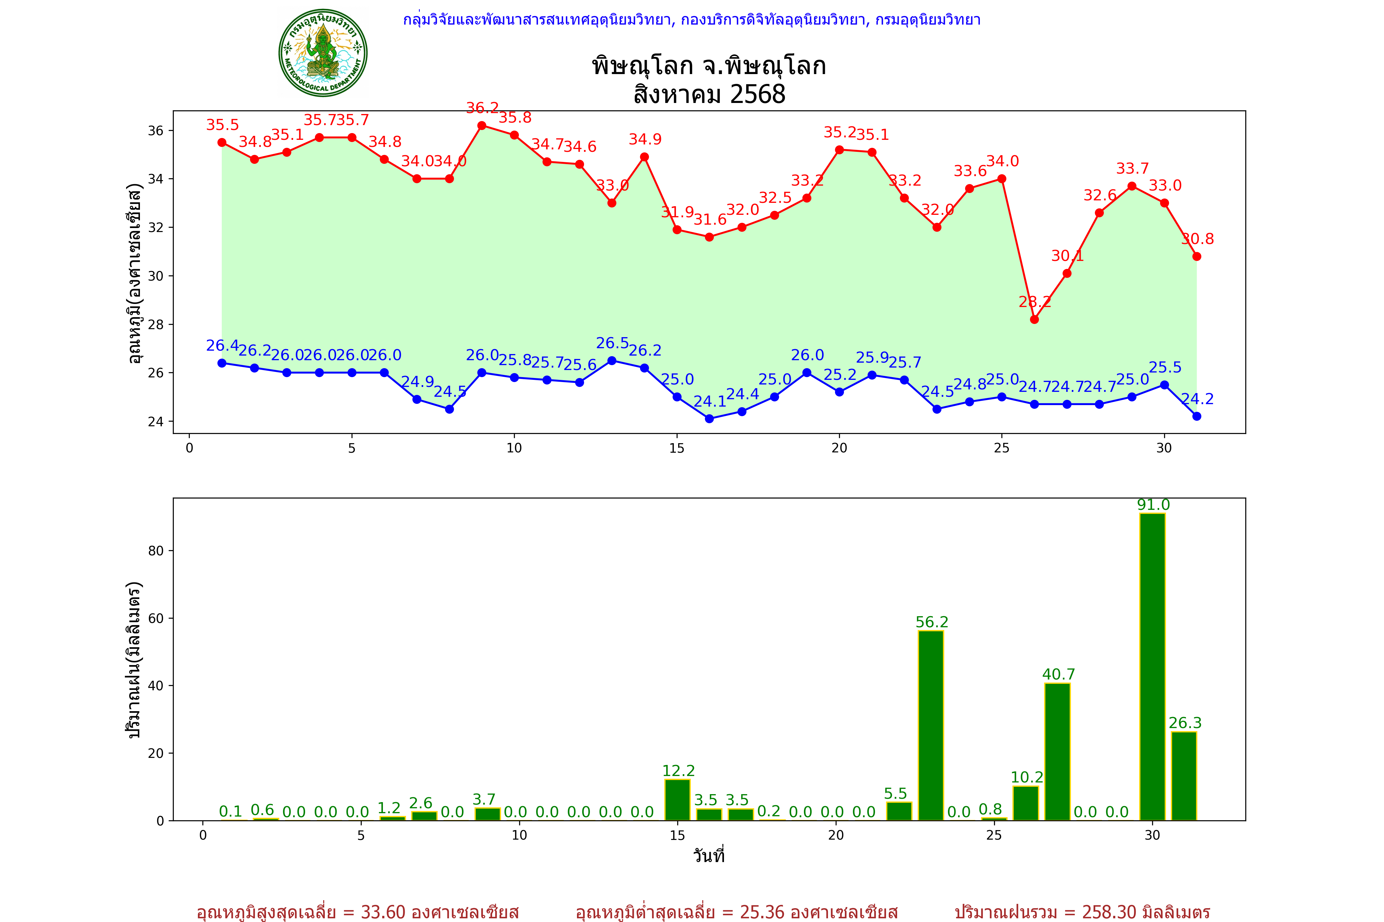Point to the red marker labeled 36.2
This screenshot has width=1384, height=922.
(x=482, y=125)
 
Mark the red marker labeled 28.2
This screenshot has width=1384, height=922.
(x=1035, y=319)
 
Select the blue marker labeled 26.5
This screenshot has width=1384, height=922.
(x=612, y=361)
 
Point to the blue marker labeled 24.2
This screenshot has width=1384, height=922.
(x=1197, y=416)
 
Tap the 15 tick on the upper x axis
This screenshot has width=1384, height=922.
(x=677, y=448)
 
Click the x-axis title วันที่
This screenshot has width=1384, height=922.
(x=709, y=856)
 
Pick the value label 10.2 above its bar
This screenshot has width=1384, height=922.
(x=1027, y=777)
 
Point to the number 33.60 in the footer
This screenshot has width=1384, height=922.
(x=383, y=912)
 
